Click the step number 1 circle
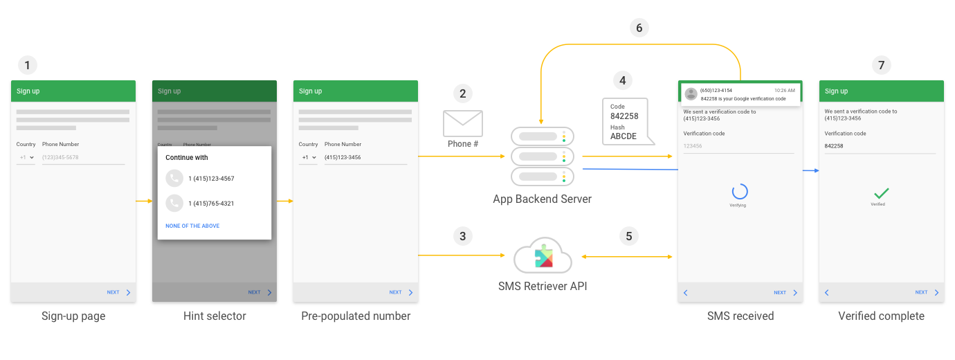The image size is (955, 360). tap(27, 66)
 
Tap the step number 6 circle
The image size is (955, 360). tap(639, 28)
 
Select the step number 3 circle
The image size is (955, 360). tap(463, 236)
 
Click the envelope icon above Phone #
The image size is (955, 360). tap(463, 123)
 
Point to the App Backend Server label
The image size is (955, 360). tap(542, 199)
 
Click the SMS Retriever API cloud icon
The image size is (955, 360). tap(543, 257)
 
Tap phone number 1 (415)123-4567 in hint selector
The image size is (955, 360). tap(211, 179)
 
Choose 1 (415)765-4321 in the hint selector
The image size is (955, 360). tap(211, 204)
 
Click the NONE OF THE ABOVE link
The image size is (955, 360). tap(192, 226)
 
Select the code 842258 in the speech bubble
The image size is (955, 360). tap(624, 116)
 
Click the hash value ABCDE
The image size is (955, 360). tap(623, 136)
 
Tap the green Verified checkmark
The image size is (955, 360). tap(881, 193)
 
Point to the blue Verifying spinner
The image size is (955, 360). tap(740, 192)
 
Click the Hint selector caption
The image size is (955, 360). tap(215, 316)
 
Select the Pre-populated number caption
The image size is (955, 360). tap(356, 316)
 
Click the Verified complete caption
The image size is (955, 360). tap(881, 316)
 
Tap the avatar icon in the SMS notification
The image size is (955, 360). tap(691, 94)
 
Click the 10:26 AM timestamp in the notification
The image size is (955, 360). tap(785, 90)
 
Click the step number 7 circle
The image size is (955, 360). tap(881, 66)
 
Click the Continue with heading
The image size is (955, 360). tap(186, 158)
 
